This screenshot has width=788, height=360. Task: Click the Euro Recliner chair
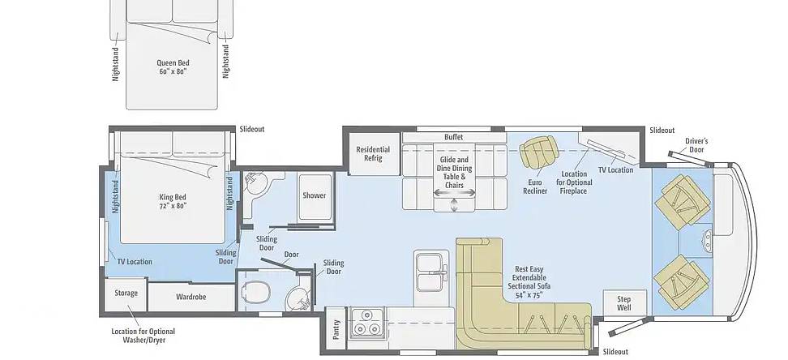[539, 152]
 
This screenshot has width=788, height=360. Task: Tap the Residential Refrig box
[373, 154]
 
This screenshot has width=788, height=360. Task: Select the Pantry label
[336, 329]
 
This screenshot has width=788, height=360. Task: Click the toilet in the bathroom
[256, 291]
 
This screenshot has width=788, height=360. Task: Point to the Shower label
[314, 195]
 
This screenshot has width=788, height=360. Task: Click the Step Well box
[624, 303]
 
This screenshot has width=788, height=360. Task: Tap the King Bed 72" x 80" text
[173, 201]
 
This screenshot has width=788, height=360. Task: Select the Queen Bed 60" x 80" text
[173, 66]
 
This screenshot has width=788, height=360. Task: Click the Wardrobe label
[191, 297]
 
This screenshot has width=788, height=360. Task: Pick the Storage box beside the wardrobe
[126, 294]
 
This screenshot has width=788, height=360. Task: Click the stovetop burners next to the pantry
[367, 322]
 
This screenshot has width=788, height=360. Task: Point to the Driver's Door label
[696, 145]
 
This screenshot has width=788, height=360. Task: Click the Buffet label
[454, 137]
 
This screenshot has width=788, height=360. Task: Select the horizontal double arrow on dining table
[455, 193]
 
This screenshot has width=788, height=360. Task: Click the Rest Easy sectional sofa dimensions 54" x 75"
[529, 295]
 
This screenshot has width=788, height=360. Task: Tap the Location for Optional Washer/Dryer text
[143, 336]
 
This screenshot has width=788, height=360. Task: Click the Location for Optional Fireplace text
[573, 182]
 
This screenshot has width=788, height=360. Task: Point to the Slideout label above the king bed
[252, 129]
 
